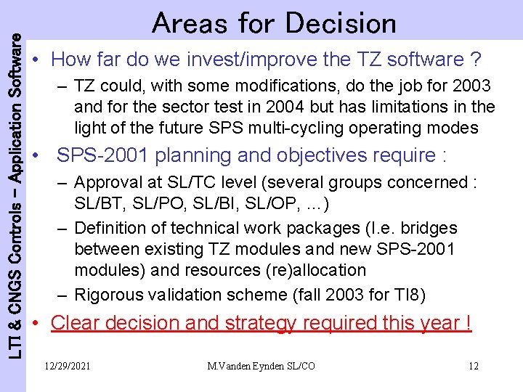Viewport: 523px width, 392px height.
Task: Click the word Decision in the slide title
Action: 341,23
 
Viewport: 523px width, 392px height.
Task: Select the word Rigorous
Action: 111,295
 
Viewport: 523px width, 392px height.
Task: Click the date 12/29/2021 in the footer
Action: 67,366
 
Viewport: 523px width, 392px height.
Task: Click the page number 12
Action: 473,366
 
